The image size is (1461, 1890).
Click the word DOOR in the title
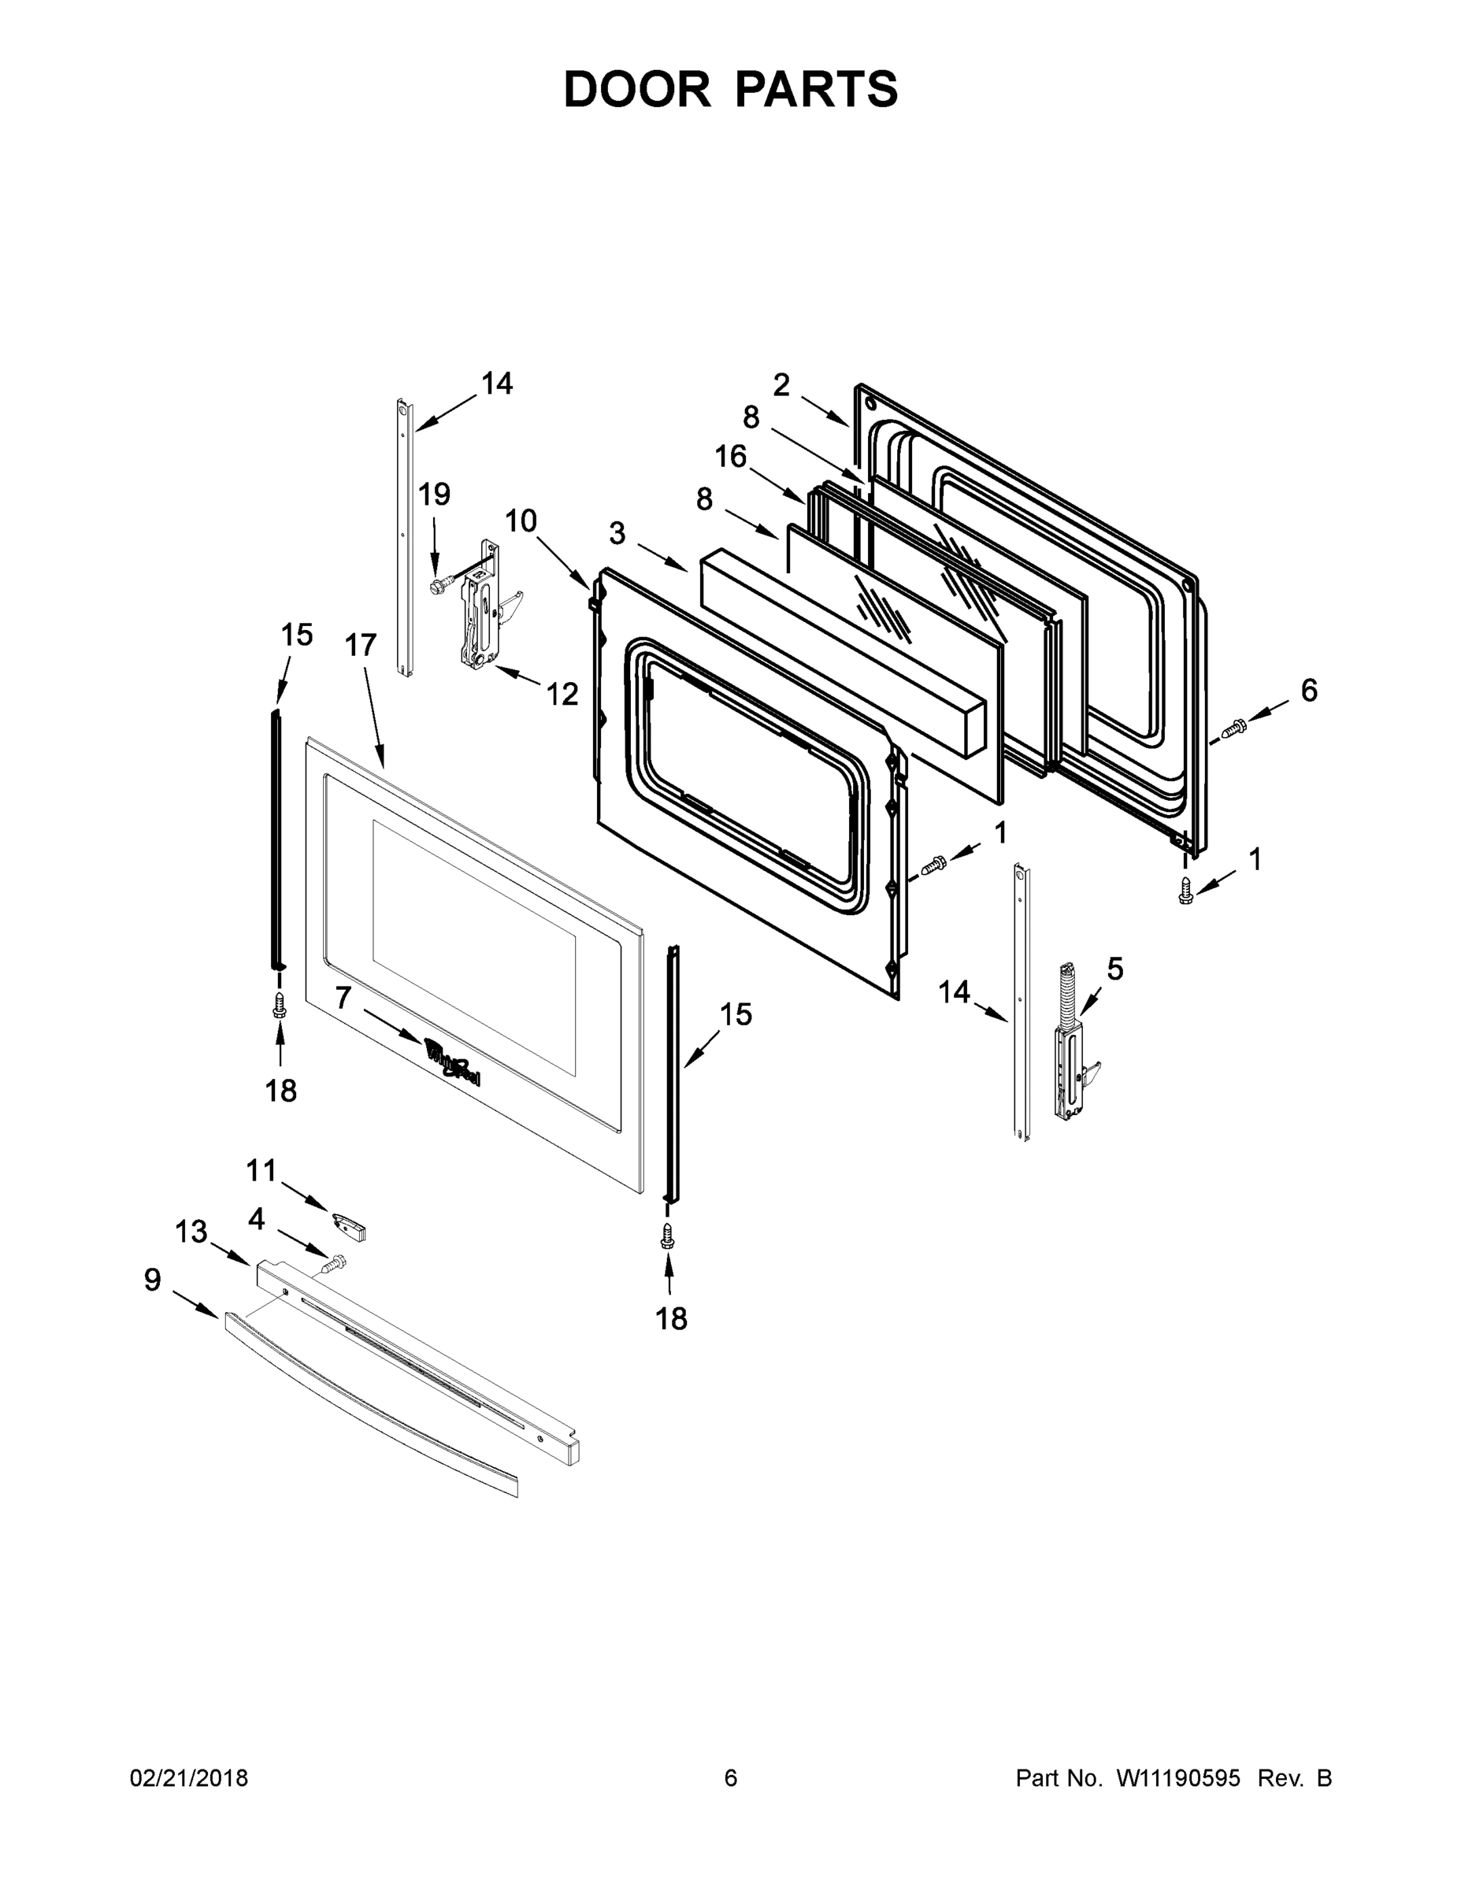click(x=637, y=89)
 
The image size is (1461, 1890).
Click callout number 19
click(x=435, y=495)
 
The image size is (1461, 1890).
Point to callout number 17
click(x=361, y=645)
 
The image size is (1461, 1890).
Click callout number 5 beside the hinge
click(x=1114, y=969)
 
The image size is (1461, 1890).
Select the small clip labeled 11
click(x=350, y=1225)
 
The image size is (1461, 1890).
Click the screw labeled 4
click(x=333, y=1264)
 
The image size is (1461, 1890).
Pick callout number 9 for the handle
click(x=152, y=1280)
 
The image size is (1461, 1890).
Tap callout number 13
click(x=191, y=1231)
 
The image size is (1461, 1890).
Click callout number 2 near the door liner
click(x=781, y=386)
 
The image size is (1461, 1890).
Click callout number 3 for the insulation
click(x=617, y=534)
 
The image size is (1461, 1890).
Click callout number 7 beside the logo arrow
click(x=343, y=998)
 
